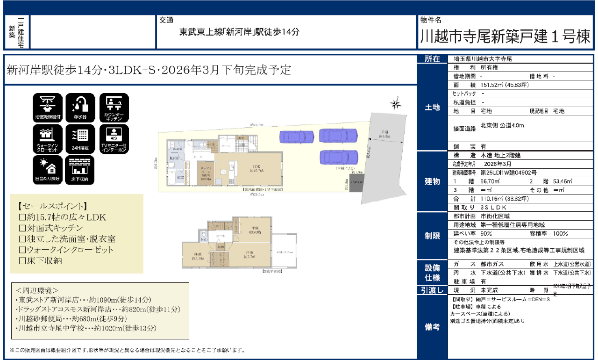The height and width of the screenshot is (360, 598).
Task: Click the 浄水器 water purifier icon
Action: [80, 108]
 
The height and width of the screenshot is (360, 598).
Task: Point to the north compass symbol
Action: [396, 104]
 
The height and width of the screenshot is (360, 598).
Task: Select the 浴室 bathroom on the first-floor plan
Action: [180, 178]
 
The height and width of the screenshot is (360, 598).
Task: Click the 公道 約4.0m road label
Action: [385, 134]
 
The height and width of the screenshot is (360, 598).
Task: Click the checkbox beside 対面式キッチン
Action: [21, 228]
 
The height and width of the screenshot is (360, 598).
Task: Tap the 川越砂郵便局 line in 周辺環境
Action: [71, 319]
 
